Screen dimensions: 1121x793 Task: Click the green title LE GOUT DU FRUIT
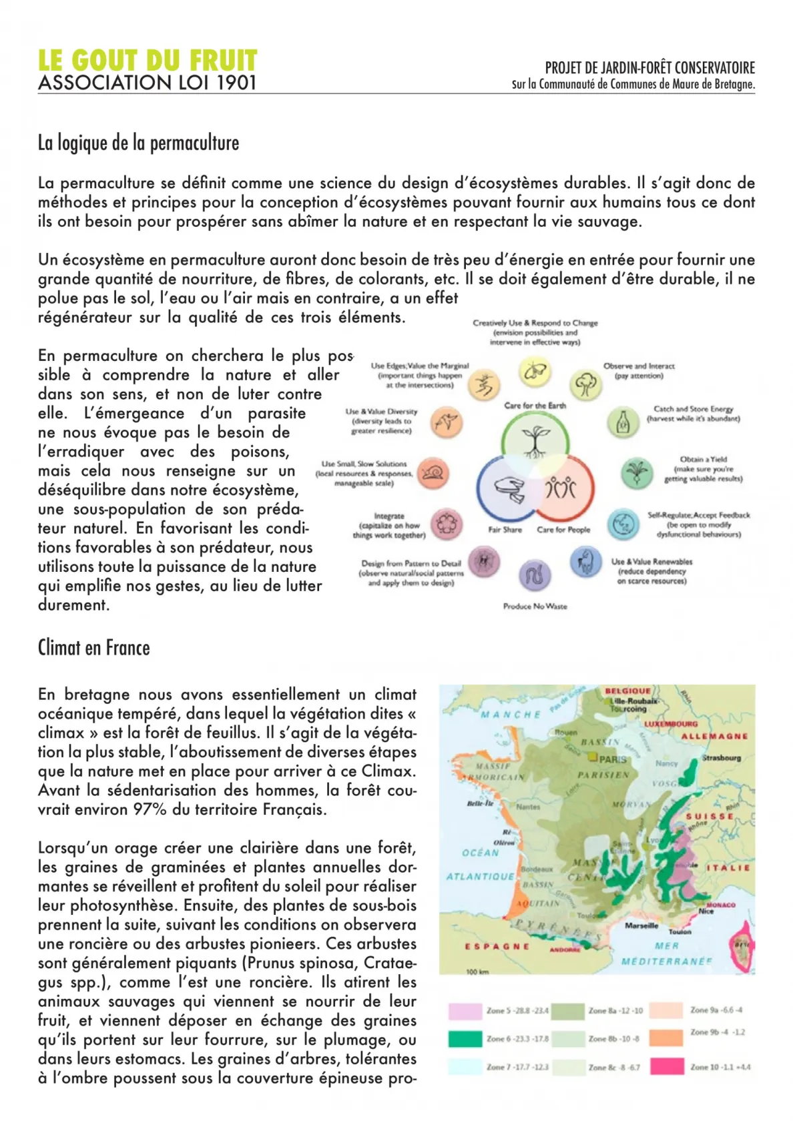(148, 61)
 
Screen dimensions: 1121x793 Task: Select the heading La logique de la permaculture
(138, 143)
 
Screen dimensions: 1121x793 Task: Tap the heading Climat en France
(93, 648)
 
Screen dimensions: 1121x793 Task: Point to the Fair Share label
(505, 530)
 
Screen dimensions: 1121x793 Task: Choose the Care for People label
(563, 530)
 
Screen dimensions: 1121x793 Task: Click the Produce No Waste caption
(535, 607)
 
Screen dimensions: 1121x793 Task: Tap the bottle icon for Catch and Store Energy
(623, 423)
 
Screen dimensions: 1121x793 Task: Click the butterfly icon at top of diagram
(535, 373)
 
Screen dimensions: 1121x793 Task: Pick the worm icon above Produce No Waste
(535, 575)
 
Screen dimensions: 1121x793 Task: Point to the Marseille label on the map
(641, 925)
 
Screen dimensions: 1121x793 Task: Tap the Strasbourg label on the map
(721, 758)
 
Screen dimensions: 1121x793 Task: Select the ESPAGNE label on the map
(497, 946)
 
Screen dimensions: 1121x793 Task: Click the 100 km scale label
(477, 972)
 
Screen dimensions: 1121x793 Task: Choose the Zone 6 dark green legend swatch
(465, 1039)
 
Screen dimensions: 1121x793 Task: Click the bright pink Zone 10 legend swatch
(667, 1067)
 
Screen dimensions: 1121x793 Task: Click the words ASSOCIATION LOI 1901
(148, 83)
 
